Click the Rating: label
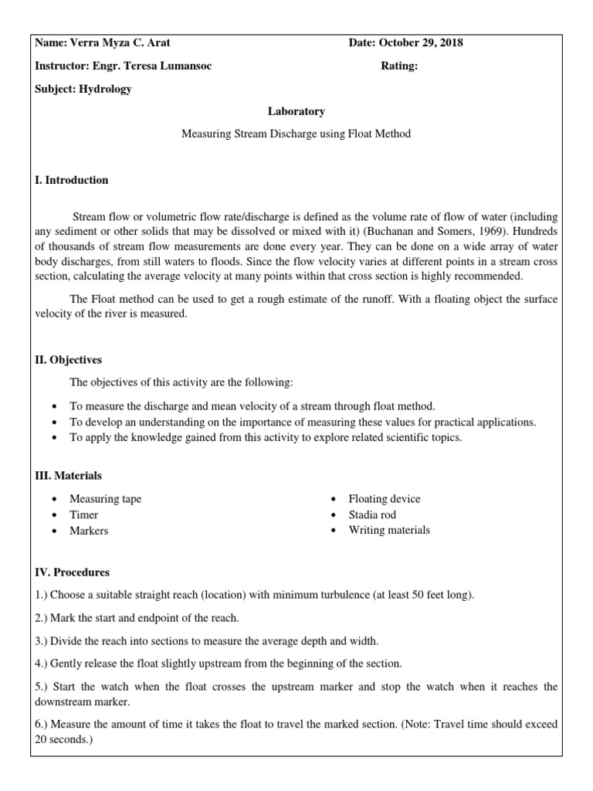point(399,66)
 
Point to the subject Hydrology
point(105,89)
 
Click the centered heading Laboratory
point(296,111)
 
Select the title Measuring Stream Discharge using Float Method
point(296,134)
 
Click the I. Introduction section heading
point(72,180)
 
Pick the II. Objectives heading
point(68,360)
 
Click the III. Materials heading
point(68,476)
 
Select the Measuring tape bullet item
point(105,499)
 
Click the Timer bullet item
point(83,514)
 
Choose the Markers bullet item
point(89,531)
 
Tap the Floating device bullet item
point(384,499)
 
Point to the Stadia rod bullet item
point(372,514)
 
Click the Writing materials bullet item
point(389,530)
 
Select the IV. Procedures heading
point(72,572)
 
